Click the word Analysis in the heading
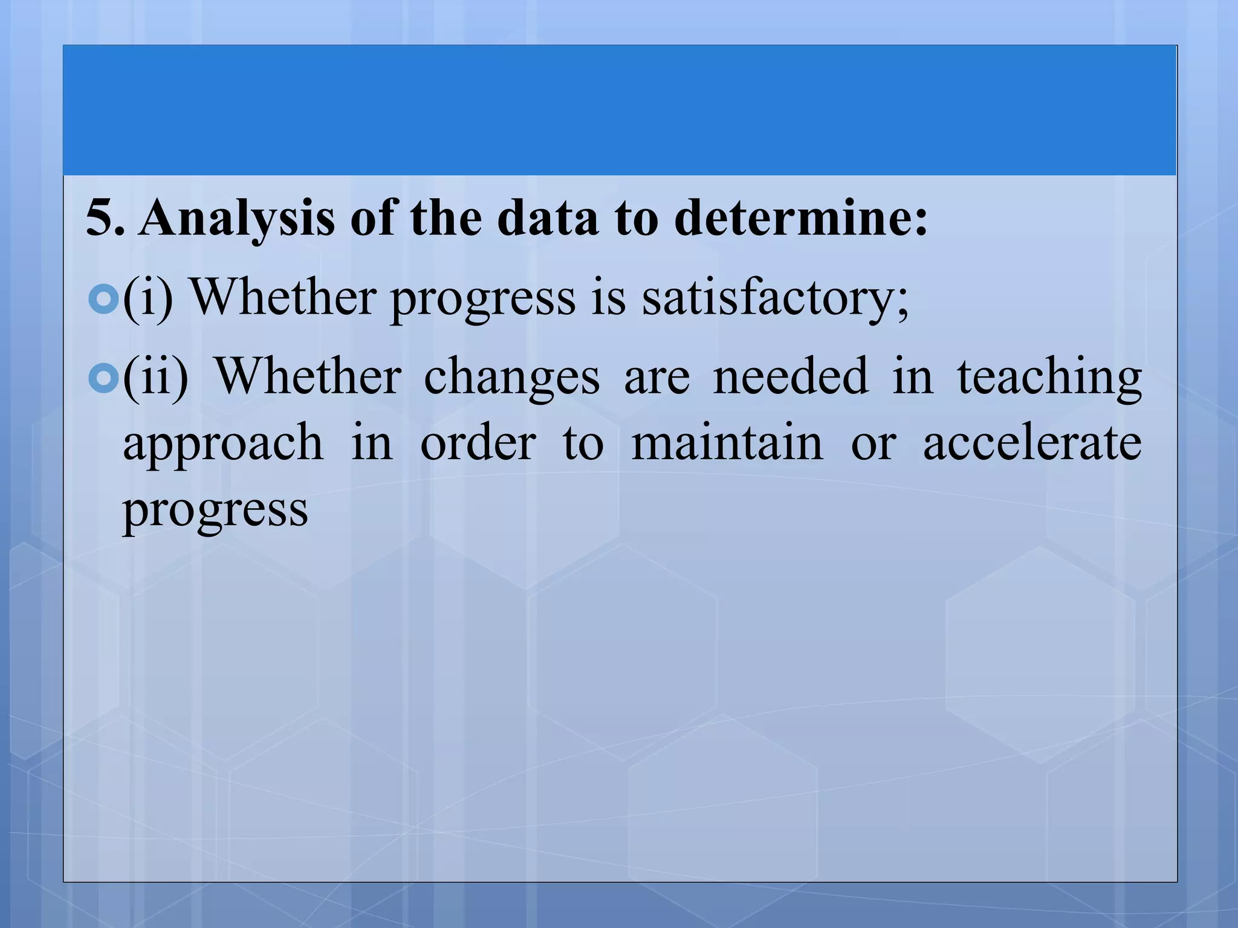(236, 219)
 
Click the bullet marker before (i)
(103, 298)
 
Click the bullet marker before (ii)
(103, 378)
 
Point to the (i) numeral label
(147, 298)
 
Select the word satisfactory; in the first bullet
(775, 298)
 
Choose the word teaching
(1049, 378)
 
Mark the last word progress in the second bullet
(215, 511)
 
